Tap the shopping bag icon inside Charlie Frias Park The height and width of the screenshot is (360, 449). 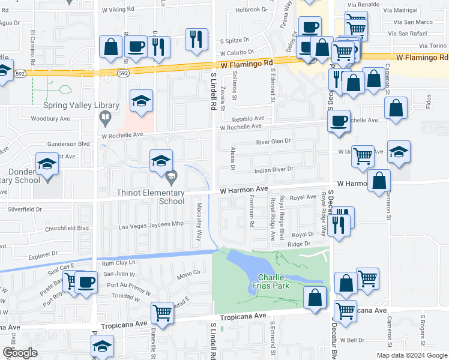(x=315, y=297)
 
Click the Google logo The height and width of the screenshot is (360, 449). (x=20, y=353)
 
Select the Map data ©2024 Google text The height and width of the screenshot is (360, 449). (x=412, y=355)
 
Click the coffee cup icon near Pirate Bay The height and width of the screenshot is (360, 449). (x=86, y=282)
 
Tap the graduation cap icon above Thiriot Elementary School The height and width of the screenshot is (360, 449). (x=161, y=161)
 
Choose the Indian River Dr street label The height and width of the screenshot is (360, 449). (x=273, y=170)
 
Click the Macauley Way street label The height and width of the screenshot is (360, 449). (x=199, y=221)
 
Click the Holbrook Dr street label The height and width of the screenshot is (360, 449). (x=250, y=10)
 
